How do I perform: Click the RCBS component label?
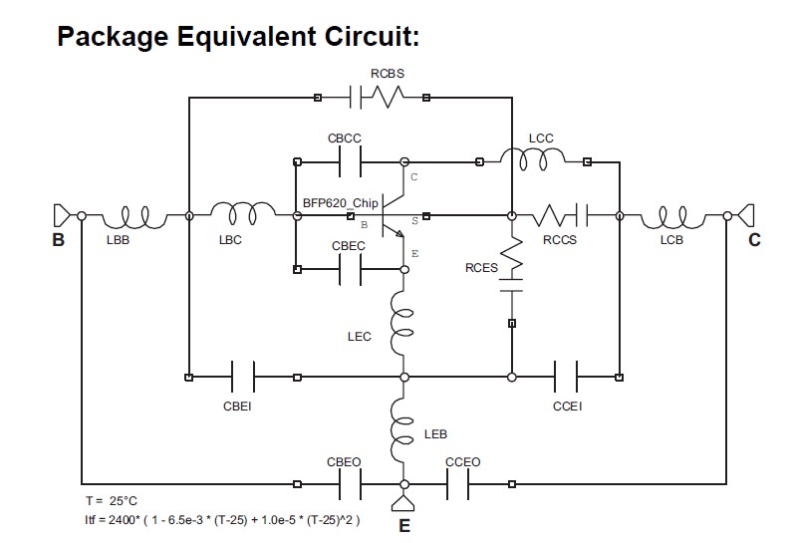387,75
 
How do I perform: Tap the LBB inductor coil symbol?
133,214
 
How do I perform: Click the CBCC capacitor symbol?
351,160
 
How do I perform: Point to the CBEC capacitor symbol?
351,268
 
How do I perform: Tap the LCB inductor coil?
673,214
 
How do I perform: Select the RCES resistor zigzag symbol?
511,256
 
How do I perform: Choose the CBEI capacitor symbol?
242,377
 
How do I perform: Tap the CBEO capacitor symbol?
351,484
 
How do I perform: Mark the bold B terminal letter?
59,240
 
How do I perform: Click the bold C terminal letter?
754,240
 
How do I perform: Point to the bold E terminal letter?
404,526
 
